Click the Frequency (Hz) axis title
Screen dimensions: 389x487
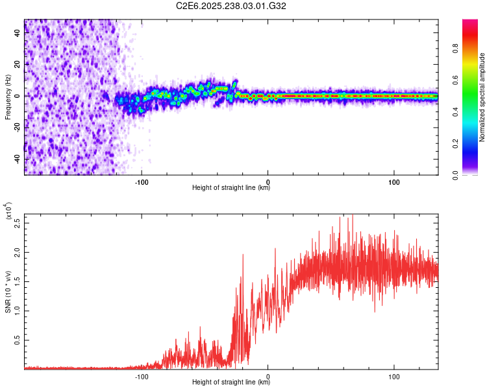8,97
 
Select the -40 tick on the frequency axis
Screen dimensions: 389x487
18,159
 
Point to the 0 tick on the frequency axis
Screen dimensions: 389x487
18,96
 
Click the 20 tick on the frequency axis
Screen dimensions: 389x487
18,64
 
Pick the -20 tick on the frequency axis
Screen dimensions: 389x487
18,128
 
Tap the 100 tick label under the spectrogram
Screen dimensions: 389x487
394,181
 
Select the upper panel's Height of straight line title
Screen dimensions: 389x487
231,188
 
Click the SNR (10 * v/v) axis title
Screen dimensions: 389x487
8,292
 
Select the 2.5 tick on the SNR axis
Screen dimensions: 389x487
18,222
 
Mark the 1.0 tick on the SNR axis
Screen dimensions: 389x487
18,310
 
